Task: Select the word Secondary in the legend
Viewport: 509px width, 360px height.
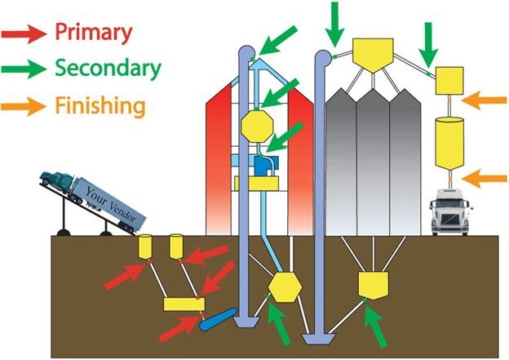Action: coord(108,69)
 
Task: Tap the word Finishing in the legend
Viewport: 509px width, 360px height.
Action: coord(101,105)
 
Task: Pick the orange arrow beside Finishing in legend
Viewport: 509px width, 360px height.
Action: coord(24,105)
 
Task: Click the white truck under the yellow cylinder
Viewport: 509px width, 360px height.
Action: coord(450,213)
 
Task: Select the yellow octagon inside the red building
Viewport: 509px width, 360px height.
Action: coord(256,127)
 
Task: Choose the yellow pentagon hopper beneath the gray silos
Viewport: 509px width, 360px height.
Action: coord(371,283)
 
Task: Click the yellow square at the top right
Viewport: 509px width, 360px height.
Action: coord(449,80)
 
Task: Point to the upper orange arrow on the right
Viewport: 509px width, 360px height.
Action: coord(482,100)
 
